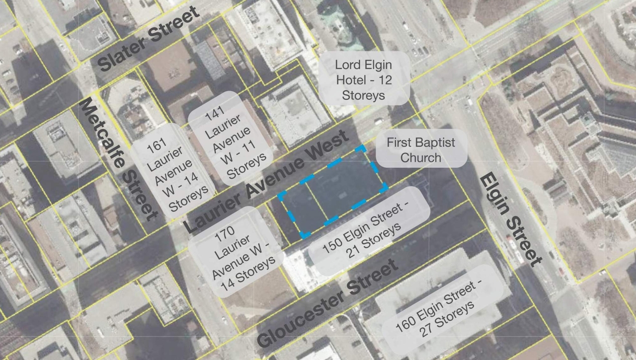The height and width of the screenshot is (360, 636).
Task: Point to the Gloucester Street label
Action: [328, 303]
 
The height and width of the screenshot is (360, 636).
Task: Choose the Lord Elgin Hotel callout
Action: [364, 79]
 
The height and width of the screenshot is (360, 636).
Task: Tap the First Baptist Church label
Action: [421, 150]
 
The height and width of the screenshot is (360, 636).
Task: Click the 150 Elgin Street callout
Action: [369, 231]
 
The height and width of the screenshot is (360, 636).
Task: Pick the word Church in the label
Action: [421, 158]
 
